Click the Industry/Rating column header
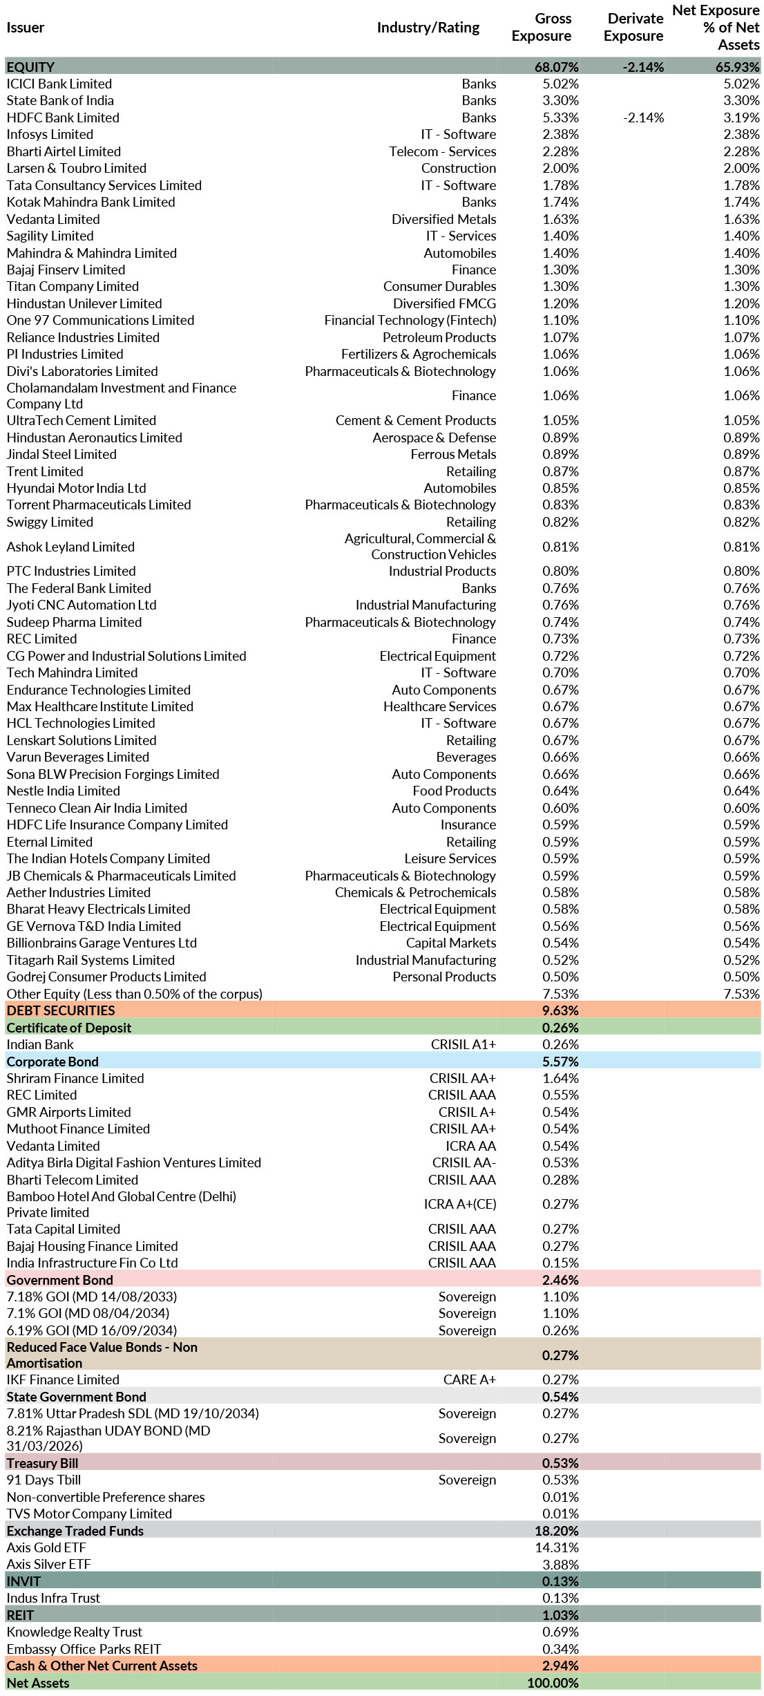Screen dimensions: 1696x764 pyautogui.click(x=428, y=28)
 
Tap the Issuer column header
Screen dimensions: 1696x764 pyautogui.click(x=26, y=28)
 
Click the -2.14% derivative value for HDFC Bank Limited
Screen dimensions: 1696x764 pyautogui.click(x=643, y=118)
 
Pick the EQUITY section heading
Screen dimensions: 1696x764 pyautogui.click(x=30, y=67)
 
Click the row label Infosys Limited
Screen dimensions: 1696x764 pyautogui.click(x=50, y=135)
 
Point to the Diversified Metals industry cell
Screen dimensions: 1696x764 pyautogui.click(x=443, y=219)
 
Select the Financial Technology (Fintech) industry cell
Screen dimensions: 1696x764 pyautogui.click(x=410, y=321)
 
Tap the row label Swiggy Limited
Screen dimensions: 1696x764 pyautogui.click(x=50, y=522)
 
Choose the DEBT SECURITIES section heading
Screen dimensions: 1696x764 pyautogui.click(x=61, y=1010)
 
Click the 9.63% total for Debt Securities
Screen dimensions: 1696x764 pyautogui.click(x=560, y=1010)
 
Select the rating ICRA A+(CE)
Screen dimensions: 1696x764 pyautogui.click(x=459, y=1204)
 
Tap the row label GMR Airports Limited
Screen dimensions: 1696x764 pyautogui.click(x=68, y=1112)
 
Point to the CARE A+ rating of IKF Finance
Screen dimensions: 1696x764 pyautogui.click(x=469, y=1379)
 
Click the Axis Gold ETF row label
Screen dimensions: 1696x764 pyautogui.click(x=46, y=1547)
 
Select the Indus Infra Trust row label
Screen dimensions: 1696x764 pyautogui.click(x=53, y=1598)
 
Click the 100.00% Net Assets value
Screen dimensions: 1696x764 pyautogui.click(x=553, y=1683)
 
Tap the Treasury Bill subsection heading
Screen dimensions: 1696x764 pyautogui.click(x=42, y=1463)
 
